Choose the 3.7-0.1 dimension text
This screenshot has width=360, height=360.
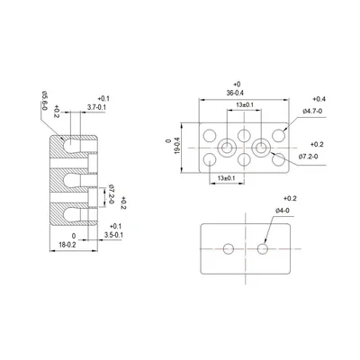[x=96, y=108]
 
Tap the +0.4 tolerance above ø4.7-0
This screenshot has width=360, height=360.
[x=319, y=98]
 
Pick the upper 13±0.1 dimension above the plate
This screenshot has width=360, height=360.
[x=243, y=106]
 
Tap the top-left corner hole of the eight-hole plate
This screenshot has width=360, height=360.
[x=210, y=133]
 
